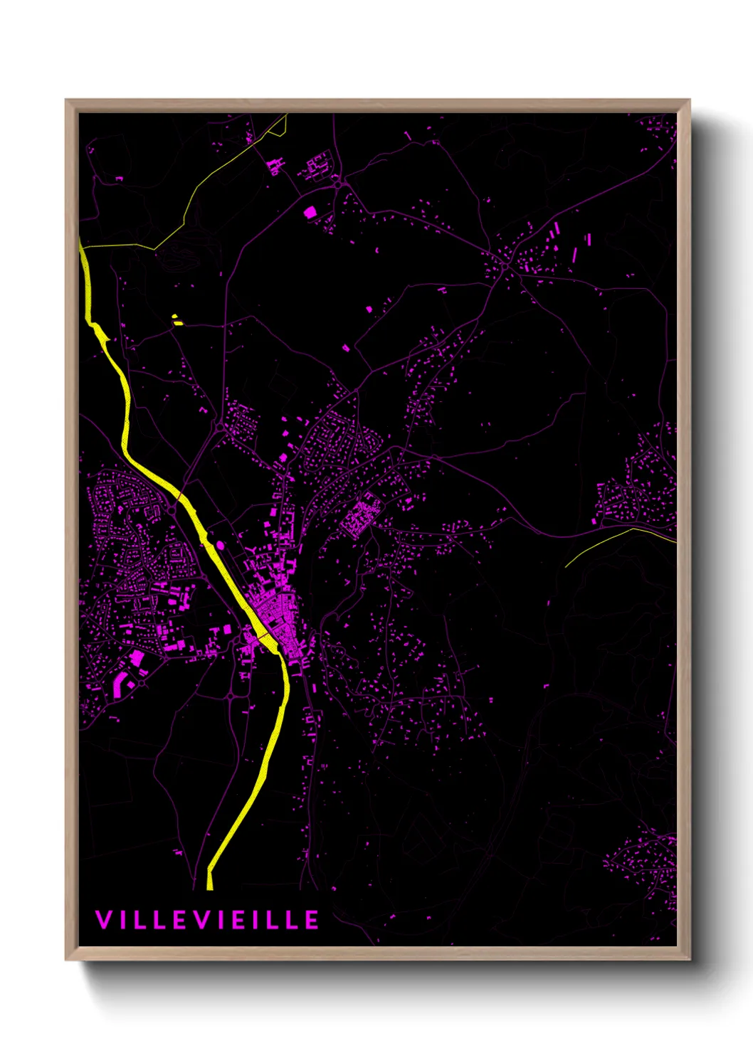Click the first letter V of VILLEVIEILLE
point(102,920)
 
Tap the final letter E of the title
point(312,920)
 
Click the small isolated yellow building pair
point(177,320)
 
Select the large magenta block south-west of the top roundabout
point(310,212)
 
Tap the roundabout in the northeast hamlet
point(504,266)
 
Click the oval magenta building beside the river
point(220,545)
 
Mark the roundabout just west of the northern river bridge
point(172,510)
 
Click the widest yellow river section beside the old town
point(269,643)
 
